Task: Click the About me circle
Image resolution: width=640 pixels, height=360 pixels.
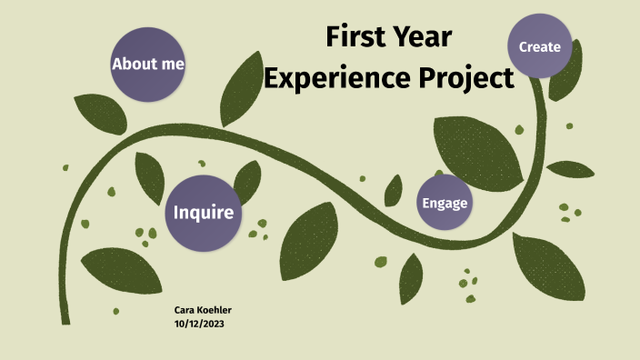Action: coord(147,64)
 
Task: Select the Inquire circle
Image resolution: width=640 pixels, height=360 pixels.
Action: coord(204,213)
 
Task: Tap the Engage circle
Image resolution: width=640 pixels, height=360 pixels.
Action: coord(445,203)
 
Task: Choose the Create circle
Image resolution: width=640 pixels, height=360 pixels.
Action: coord(539,45)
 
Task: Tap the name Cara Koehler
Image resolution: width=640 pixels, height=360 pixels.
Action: coord(203,311)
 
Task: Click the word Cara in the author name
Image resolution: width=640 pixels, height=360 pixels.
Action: coord(185,311)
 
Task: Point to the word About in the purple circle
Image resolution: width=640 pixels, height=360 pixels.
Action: coord(134,65)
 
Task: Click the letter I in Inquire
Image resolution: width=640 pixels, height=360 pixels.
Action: coord(176,214)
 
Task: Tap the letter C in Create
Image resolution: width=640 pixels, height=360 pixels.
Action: coord(524,46)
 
